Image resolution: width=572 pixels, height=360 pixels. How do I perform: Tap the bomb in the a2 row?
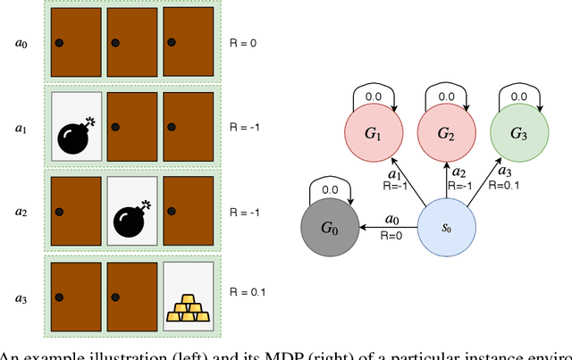132,215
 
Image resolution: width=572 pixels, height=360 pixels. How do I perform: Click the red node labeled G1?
374,134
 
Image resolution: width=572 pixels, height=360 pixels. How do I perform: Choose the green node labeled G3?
517,134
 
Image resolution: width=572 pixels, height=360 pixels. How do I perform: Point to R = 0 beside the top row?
243,43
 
